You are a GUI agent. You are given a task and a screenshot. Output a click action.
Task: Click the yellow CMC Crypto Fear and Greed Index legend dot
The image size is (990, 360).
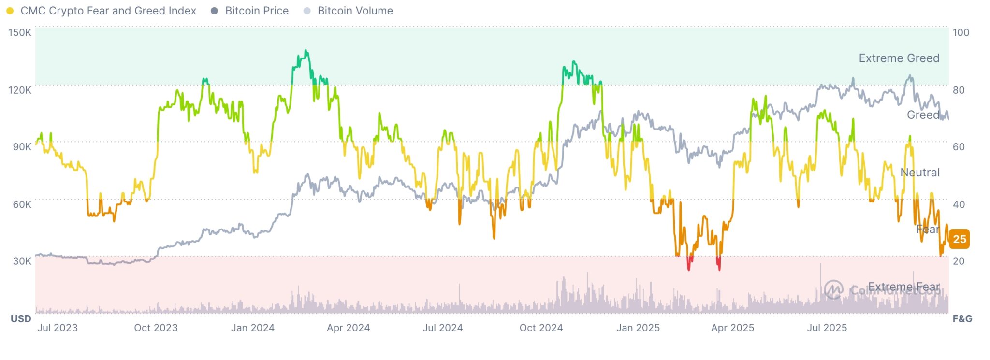click(10, 11)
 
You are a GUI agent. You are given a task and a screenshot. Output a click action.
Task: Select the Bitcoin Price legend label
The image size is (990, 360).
click(256, 11)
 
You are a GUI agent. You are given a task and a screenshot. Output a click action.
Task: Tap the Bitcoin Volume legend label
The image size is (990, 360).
click(355, 11)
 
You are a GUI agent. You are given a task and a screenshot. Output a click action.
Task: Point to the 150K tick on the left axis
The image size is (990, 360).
click(20, 32)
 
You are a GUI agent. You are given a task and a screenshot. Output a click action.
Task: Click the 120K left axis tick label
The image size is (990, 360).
click(20, 90)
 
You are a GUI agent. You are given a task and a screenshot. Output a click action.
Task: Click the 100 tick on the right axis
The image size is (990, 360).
click(961, 32)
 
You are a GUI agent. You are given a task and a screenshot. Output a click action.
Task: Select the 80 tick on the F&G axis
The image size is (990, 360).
click(959, 90)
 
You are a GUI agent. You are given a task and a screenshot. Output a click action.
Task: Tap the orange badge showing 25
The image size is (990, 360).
click(960, 239)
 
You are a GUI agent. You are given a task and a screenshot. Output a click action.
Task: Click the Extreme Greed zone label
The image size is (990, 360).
click(899, 58)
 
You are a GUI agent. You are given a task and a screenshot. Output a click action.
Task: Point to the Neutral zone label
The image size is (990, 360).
click(919, 173)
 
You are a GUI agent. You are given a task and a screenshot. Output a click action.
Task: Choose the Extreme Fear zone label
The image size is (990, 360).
click(903, 287)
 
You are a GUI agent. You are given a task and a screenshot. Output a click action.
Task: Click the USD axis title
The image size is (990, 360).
click(21, 319)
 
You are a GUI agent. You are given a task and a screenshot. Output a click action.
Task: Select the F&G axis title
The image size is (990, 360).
click(962, 319)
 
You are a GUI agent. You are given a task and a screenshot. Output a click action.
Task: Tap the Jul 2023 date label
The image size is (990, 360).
click(58, 328)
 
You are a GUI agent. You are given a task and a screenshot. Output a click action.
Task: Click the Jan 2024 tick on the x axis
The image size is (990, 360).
click(252, 328)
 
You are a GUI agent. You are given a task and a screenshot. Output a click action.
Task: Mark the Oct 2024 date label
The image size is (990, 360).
click(541, 328)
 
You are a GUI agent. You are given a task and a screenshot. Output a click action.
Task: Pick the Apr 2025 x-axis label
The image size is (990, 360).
click(732, 328)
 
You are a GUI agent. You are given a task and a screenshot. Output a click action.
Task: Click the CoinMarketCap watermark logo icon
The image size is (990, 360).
click(833, 289)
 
